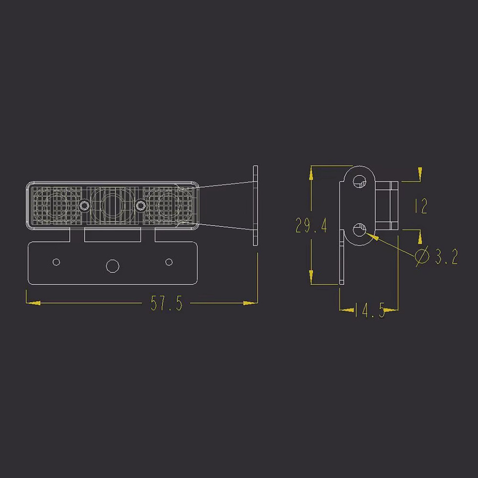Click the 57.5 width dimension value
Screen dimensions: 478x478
[x=166, y=303]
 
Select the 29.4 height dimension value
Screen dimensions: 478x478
[x=311, y=226]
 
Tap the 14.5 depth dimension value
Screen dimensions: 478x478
[x=370, y=310]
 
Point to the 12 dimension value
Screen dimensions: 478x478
[x=421, y=206]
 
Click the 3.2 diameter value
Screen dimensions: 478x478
[x=446, y=257]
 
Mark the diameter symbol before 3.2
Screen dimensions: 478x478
[x=422, y=256]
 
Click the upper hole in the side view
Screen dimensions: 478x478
[x=360, y=181]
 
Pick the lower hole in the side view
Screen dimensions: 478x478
[x=360, y=230]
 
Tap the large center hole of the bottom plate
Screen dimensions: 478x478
[x=113, y=266]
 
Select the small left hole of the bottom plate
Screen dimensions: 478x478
[x=56, y=262]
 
